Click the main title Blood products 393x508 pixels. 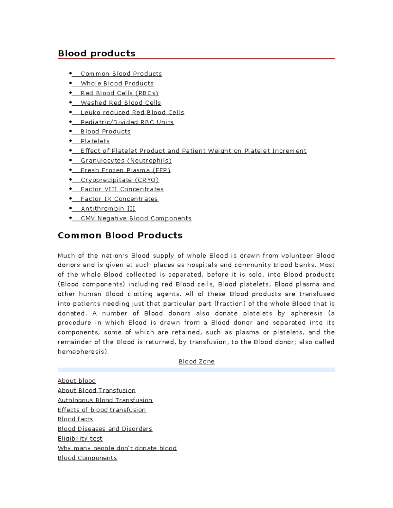(97, 53)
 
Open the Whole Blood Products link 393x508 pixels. (117, 83)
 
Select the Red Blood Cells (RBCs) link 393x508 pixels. (120, 93)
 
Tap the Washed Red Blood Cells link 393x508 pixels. (121, 103)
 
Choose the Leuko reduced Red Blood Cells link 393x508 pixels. (132, 113)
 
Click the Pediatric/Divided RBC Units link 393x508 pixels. (127, 122)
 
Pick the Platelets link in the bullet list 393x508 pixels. (95, 141)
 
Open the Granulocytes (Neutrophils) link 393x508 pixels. (126, 161)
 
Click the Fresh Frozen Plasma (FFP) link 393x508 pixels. (125, 170)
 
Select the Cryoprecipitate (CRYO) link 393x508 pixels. (120, 180)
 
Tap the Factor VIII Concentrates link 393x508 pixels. (122, 189)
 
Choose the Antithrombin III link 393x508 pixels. (108, 209)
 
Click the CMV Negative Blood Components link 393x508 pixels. (136, 218)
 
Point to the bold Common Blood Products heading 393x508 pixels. (120, 236)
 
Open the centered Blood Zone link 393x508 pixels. (196, 361)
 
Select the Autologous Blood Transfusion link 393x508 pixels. (105, 400)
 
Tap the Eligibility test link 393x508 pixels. (80, 439)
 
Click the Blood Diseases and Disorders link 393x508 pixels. (105, 429)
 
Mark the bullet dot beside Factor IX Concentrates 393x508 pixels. (70, 199)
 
